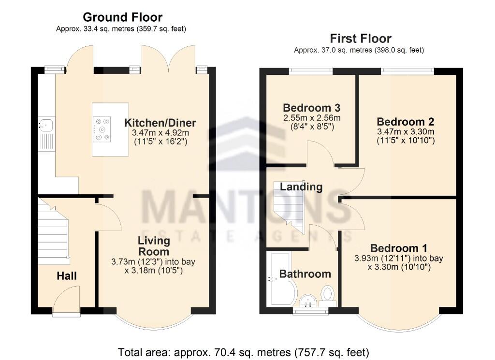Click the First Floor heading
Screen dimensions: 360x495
(360, 38)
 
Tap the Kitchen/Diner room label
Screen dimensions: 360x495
(160, 122)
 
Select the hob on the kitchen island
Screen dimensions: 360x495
(102, 129)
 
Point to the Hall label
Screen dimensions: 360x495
(67, 276)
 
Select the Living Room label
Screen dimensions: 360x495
(154, 246)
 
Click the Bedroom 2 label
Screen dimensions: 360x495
(406, 121)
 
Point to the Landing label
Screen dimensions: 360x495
(301, 187)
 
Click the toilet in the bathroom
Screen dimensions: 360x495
(329, 295)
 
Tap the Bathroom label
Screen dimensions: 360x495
(305, 274)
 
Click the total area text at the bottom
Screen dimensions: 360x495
(243, 351)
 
